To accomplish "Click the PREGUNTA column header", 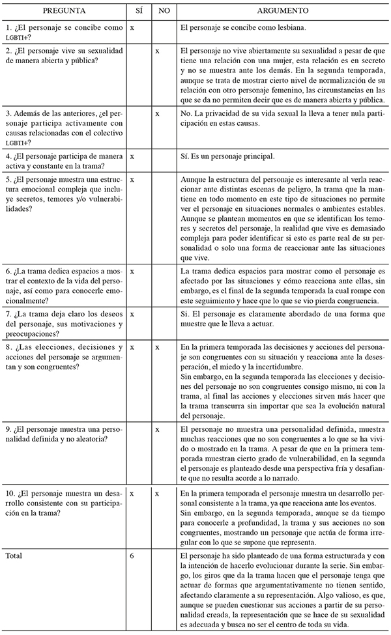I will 64,12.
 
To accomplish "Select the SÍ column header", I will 136,12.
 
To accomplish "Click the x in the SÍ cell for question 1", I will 132,29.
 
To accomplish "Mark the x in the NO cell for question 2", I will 158,51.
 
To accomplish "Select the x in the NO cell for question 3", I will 158,113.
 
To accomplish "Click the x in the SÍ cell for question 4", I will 132,157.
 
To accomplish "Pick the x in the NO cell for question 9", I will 158,430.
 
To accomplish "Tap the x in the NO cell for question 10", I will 158,494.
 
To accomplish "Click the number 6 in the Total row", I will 132,556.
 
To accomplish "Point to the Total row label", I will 14,556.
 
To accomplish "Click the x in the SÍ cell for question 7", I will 132,314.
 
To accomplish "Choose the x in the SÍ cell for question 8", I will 132,348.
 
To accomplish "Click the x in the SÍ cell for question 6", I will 132,270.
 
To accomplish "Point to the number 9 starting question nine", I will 7,430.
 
